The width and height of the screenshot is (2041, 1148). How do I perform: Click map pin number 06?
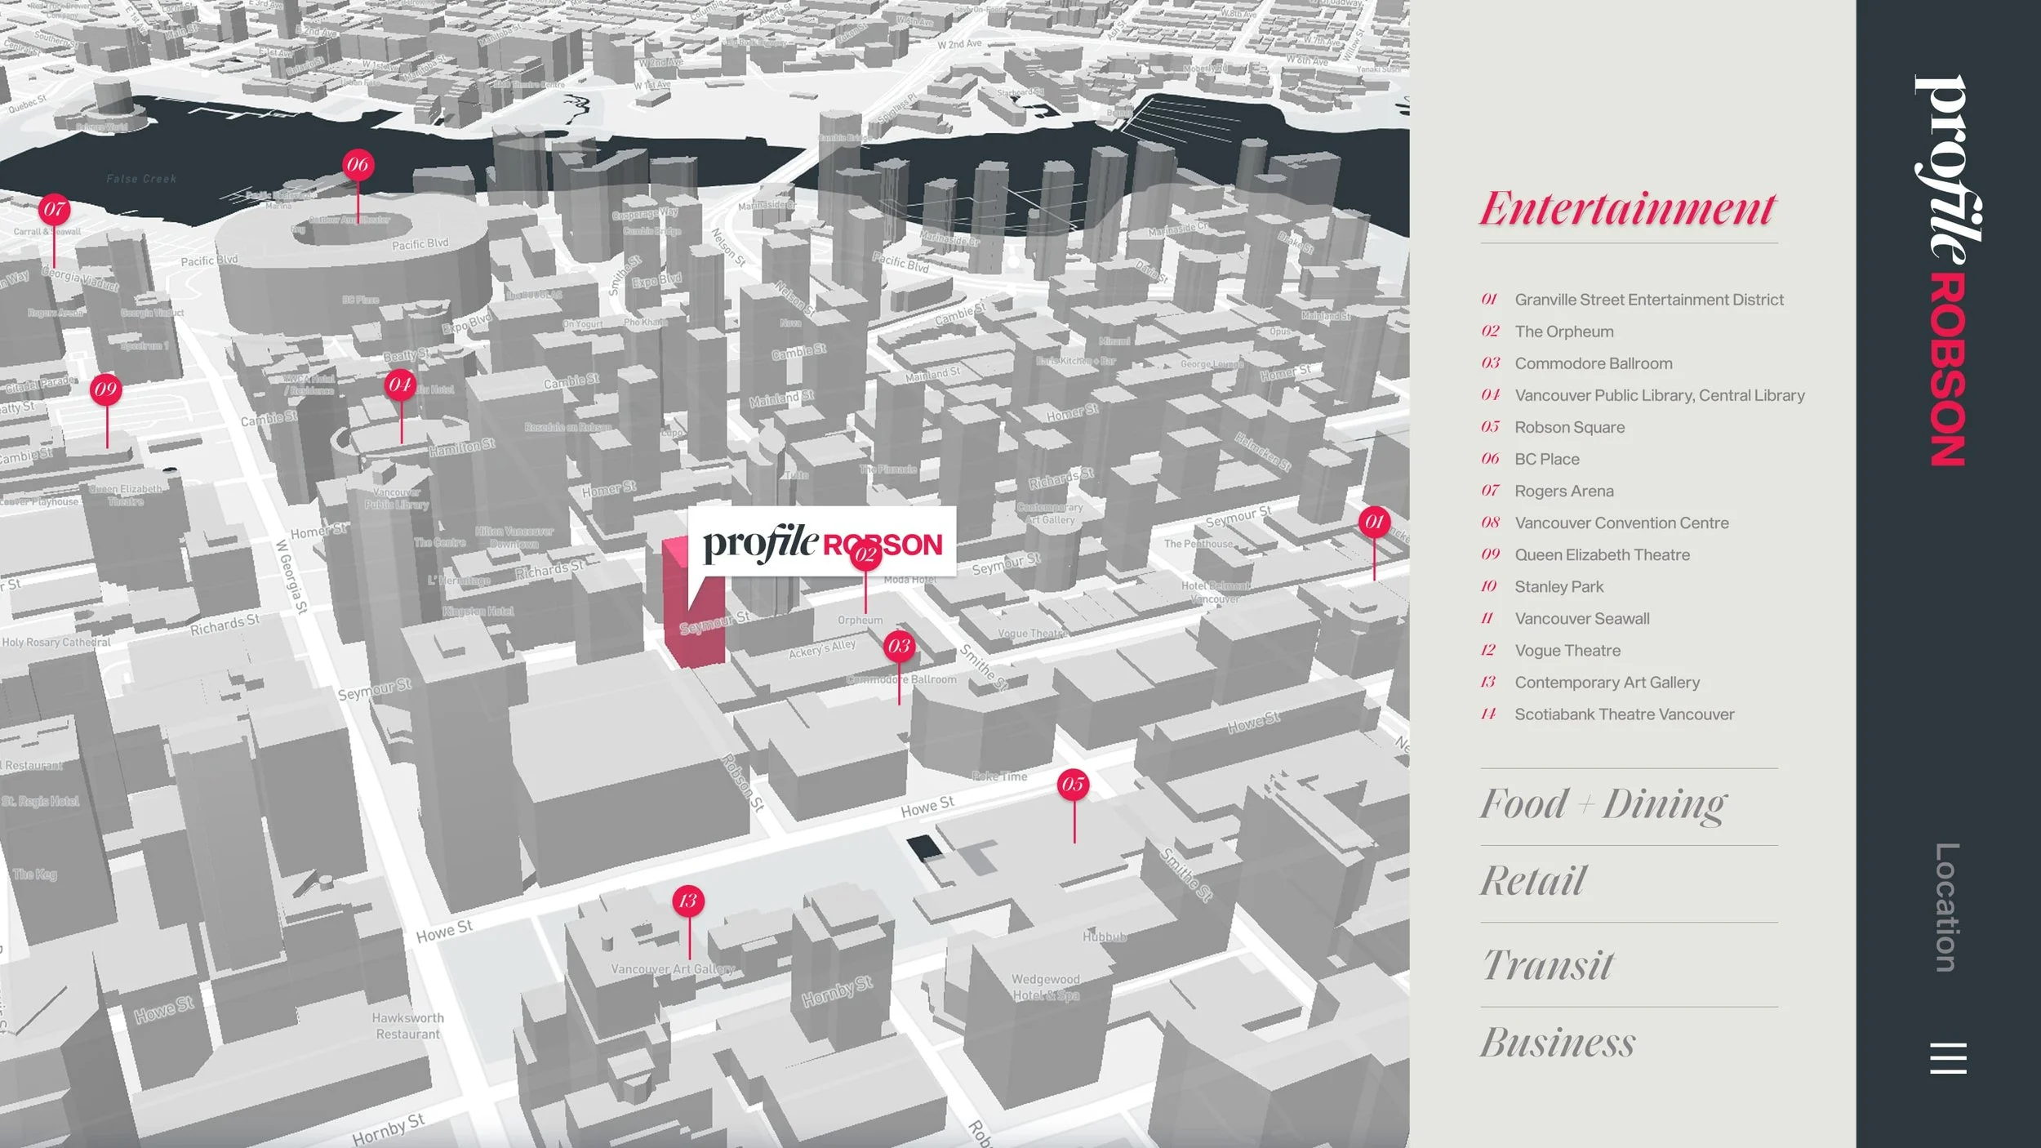pyautogui.click(x=358, y=165)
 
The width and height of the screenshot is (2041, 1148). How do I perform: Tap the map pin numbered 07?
pyautogui.click(x=55, y=210)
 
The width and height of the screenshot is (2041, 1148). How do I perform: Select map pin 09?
pyautogui.click(x=106, y=389)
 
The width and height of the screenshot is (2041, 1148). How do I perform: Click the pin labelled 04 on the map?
pyautogui.click(x=400, y=385)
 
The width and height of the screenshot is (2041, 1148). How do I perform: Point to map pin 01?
pyautogui.click(x=1374, y=522)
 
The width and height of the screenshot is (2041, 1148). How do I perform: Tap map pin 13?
pyautogui.click(x=688, y=901)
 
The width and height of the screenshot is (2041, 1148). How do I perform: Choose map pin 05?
pyautogui.click(x=1073, y=785)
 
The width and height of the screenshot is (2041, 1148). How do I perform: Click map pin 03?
pyautogui.click(x=899, y=647)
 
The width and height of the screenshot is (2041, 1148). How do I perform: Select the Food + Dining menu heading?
pyautogui.click(x=1603, y=804)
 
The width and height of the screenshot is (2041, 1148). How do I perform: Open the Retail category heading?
pyautogui.click(x=1533, y=881)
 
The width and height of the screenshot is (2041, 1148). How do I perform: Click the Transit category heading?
pyautogui.click(x=1547, y=965)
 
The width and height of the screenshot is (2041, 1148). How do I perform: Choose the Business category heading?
pyautogui.click(x=1558, y=1043)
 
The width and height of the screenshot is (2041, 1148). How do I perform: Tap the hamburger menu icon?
pyautogui.click(x=1948, y=1058)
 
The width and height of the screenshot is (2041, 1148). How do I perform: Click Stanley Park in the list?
pyautogui.click(x=1559, y=587)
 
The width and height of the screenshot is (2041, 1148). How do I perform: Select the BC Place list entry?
pyautogui.click(x=1546, y=460)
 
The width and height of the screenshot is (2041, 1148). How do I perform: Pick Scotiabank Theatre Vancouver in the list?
pyautogui.click(x=1624, y=714)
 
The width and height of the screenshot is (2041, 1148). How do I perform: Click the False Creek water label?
pyautogui.click(x=141, y=179)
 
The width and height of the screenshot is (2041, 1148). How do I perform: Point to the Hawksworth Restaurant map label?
pyautogui.click(x=407, y=1026)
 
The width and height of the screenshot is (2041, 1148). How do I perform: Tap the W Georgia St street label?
pyautogui.click(x=291, y=576)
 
